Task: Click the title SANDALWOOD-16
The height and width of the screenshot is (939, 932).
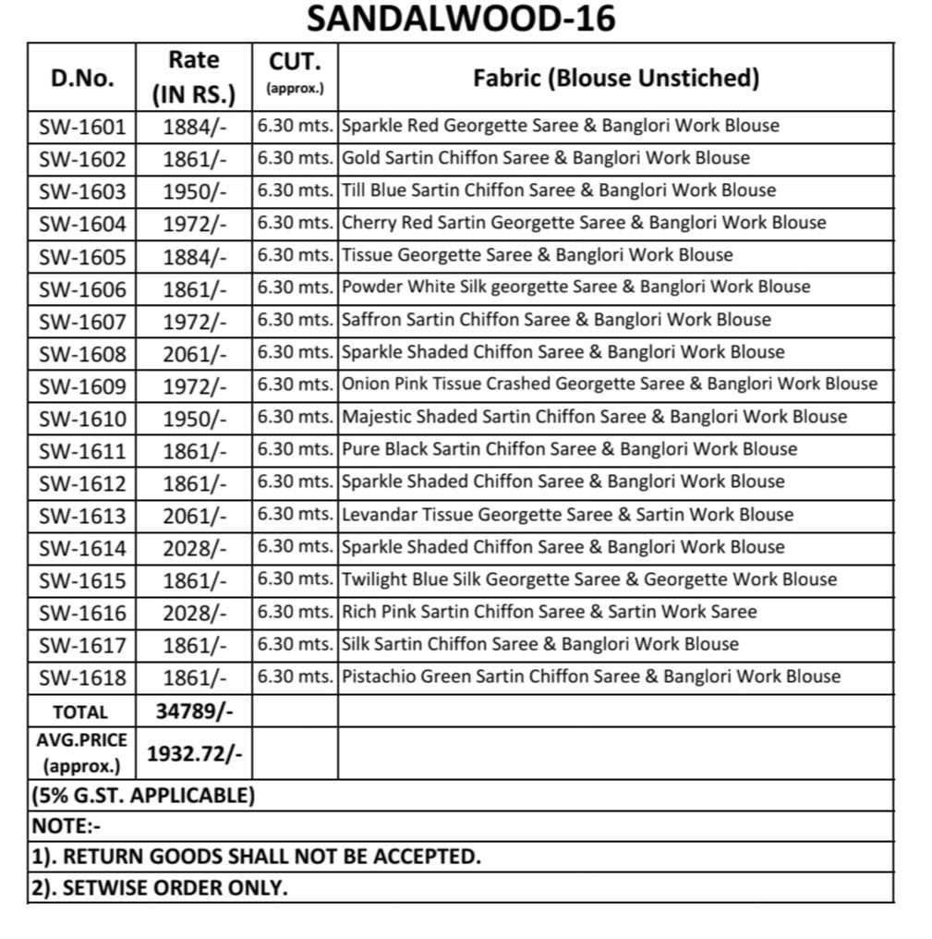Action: point(460,18)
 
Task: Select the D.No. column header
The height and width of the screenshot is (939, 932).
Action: point(82,78)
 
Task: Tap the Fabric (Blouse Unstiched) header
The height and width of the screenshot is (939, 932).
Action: point(616,78)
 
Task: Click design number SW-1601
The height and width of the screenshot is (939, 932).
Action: point(82,127)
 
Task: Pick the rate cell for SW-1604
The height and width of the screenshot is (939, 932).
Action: point(194,224)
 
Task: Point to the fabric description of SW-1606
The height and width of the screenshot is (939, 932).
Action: point(575,287)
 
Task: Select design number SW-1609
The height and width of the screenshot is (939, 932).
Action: point(82,385)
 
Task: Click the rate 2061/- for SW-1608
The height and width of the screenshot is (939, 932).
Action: point(194,353)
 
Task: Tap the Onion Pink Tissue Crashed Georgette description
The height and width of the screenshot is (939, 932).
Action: point(609,384)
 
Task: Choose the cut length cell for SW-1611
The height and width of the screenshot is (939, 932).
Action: point(295,450)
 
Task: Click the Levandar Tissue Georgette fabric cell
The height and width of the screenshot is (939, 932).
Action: point(567,515)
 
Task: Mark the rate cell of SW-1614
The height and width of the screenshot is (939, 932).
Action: point(194,548)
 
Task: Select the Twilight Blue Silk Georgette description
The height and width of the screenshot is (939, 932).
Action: point(589,580)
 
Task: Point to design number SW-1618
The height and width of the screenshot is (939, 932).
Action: point(82,677)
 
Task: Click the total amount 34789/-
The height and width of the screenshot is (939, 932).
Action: point(194,712)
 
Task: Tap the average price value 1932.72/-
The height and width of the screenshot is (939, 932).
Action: point(194,753)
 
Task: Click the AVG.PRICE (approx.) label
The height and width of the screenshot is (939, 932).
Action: point(81,753)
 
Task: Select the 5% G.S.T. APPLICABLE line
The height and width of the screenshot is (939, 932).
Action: point(143,796)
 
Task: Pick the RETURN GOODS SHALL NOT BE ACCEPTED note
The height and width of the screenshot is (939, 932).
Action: point(256,857)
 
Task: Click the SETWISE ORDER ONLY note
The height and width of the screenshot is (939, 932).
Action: point(159,888)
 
